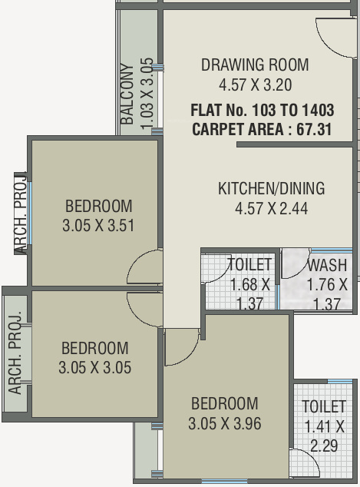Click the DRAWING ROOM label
255,65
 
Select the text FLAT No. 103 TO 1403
262,110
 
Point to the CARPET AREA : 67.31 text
262,129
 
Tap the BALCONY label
127,94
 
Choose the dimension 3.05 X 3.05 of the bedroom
94,368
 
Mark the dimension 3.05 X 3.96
224,422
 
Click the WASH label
327,266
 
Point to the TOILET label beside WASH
250,266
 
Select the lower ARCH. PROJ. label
15,353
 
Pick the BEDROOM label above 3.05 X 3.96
224,404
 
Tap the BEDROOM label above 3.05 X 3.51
98,207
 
